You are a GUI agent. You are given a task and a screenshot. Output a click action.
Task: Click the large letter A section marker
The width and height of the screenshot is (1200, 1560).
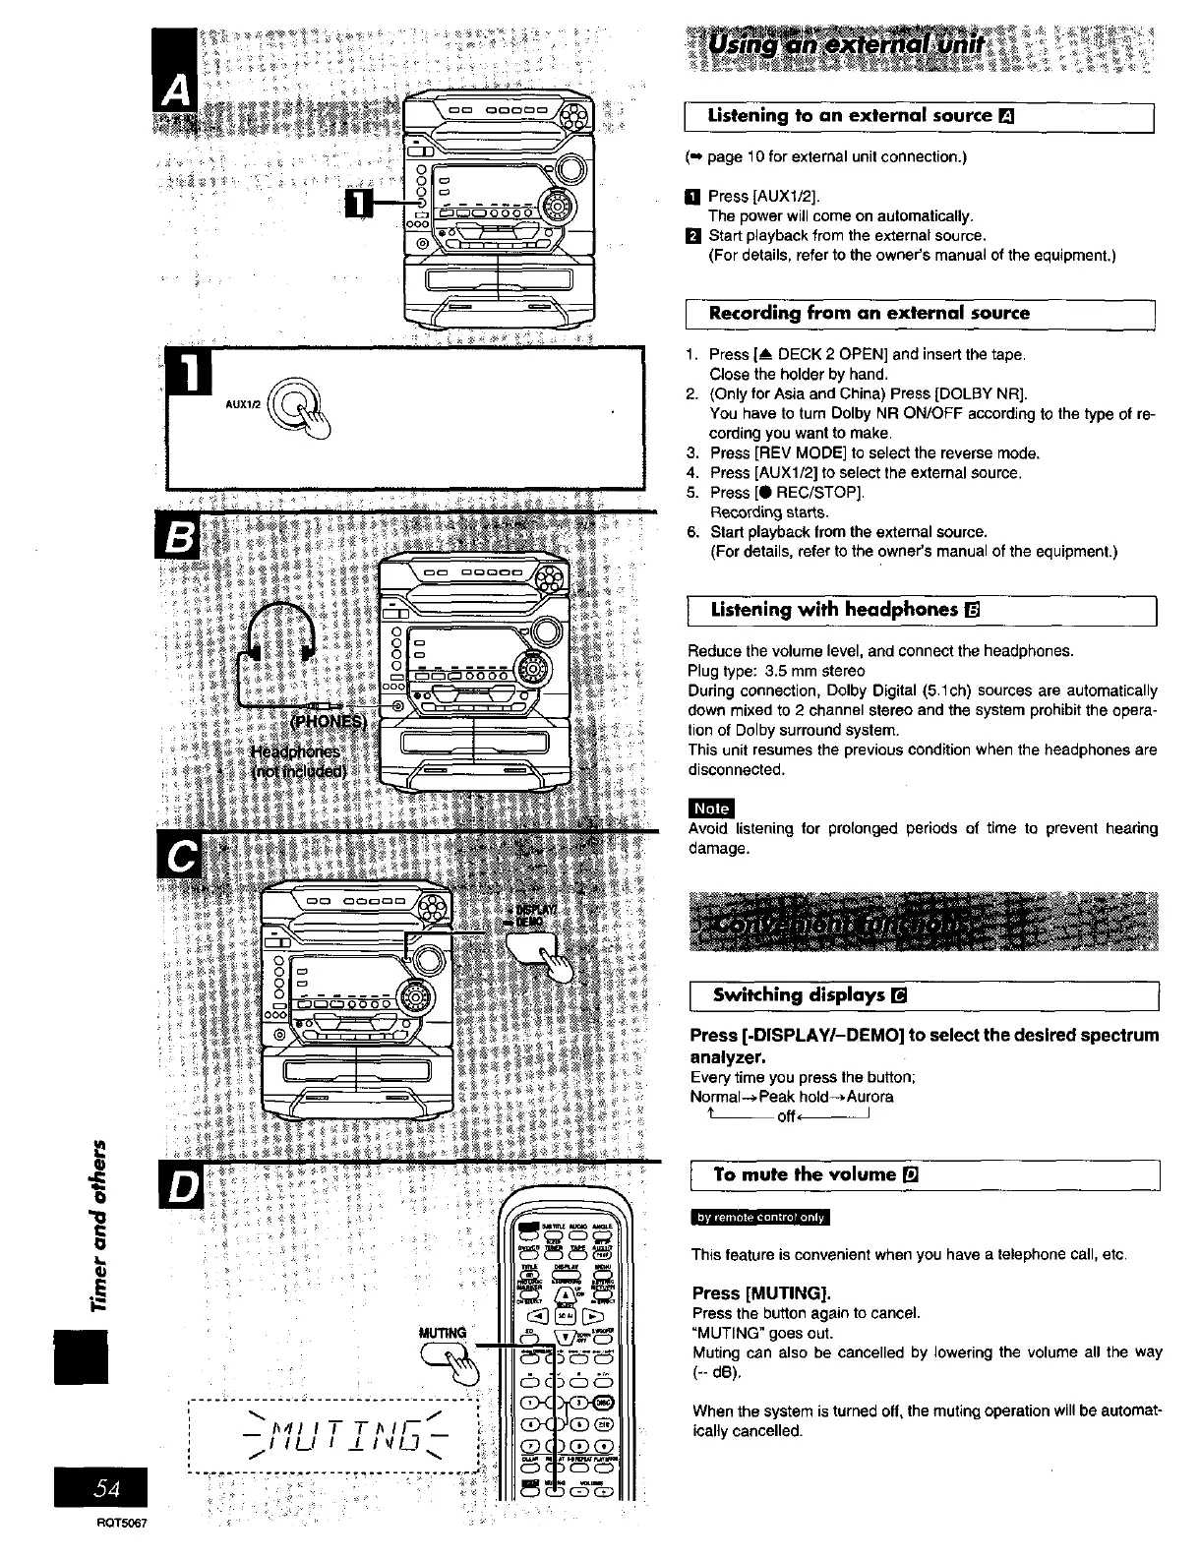click(178, 92)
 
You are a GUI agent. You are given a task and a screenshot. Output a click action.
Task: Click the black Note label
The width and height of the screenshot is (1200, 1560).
click(710, 808)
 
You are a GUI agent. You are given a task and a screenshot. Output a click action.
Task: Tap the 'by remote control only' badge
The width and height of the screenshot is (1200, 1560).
click(760, 1218)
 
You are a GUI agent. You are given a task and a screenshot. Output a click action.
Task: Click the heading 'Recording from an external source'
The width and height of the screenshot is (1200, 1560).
click(870, 314)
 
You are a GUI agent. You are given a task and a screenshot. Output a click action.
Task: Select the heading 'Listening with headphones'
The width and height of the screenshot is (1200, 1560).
click(834, 610)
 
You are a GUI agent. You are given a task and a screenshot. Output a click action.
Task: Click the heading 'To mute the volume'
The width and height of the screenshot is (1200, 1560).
click(805, 1174)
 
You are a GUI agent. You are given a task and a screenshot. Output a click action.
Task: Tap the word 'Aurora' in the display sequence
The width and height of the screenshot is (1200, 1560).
click(870, 1097)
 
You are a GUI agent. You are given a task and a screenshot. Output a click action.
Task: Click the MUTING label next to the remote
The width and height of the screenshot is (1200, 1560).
click(443, 1334)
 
